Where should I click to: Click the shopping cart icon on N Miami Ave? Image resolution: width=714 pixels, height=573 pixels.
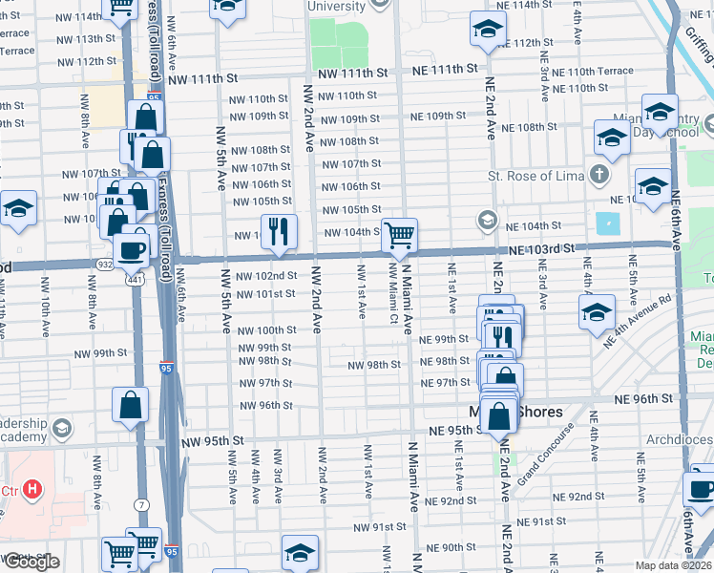coord(399,234)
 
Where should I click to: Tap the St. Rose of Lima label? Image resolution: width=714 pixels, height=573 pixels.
coord(535,176)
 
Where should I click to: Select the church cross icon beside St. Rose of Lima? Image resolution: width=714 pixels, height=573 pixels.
coord(598,175)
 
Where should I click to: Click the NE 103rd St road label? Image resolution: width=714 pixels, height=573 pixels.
coord(543,248)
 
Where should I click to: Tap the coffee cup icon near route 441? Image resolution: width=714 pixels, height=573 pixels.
coord(131,250)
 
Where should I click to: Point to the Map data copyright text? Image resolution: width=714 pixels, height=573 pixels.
coord(672,565)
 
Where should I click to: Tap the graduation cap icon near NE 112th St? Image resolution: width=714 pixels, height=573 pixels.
coord(487,31)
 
